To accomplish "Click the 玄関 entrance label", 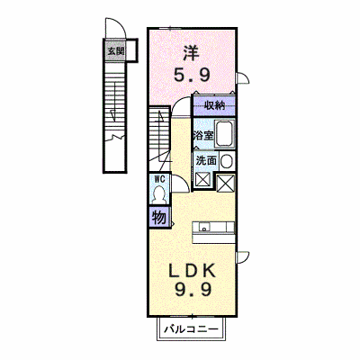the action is click(115, 51).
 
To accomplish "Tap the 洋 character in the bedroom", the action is click(190, 53).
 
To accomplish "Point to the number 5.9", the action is click(192, 75).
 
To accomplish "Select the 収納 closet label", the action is click(215, 105).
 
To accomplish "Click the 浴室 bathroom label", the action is click(203, 136).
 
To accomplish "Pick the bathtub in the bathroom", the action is click(225, 134).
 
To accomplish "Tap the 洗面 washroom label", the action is click(206, 160).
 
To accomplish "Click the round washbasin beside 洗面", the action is click(227, 161).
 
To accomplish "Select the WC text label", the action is click(159, 179).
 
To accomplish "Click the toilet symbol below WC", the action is click(158, 194).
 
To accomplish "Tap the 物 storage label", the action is click(159, 217).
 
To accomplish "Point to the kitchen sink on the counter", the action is click(204, 227).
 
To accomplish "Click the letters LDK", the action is click(193, 271).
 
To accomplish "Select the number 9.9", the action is click(193, 290).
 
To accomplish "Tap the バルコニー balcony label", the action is click(191, 329).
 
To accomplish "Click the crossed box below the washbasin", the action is click(226, 183).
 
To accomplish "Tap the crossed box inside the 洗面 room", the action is click(202, 180).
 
